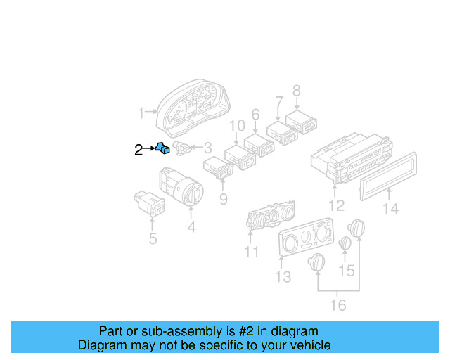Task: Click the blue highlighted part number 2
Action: point(163,148)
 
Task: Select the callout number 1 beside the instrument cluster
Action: point(141,112)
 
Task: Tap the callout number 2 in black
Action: point(139,148)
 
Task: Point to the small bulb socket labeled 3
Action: point(181,148)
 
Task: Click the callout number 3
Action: point(207,148)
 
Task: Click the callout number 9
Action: point(223,199)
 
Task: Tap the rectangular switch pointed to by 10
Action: point(238,157)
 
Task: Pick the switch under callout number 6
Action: point(258,144)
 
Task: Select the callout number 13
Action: point(283,277)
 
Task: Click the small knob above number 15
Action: point(345,243)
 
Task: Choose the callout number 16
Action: point(338,304)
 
